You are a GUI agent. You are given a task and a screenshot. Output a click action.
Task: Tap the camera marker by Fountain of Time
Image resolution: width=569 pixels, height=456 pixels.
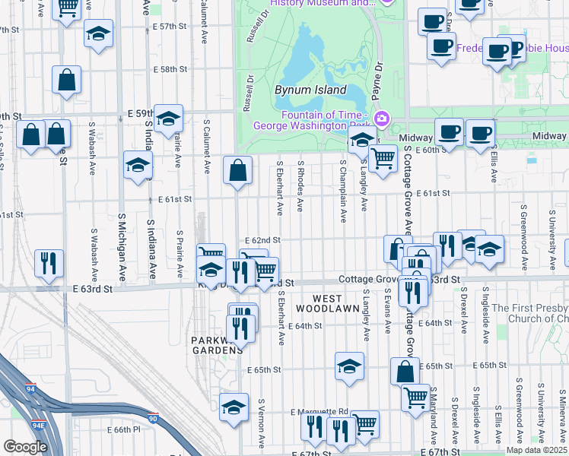[x=381, y=119]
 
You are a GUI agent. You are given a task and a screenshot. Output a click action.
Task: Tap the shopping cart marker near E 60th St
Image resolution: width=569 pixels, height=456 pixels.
[x=383, y=159]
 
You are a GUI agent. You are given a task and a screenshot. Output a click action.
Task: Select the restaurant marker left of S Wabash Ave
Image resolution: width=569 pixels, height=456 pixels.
[x=49, y=263]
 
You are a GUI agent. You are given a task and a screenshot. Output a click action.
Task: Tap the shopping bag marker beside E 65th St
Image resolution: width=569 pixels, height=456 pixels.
[x=405, y=372]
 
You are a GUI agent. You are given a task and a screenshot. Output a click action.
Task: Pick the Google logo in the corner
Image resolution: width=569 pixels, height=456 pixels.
[x=24, y=447]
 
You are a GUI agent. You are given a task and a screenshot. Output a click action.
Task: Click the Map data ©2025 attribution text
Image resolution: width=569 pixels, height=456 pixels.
[x=536, y=450]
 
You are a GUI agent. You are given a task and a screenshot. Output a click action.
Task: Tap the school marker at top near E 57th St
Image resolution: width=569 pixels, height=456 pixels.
[x=98, y=34]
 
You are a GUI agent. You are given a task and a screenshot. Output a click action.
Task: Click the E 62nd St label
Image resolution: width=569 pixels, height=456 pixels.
[x=263, y=240]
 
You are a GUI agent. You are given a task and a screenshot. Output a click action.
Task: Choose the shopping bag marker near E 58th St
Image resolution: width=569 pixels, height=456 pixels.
[x=67, y=79]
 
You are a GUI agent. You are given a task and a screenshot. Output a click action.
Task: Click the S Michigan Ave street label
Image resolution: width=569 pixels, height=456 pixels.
[x=122, y=247]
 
